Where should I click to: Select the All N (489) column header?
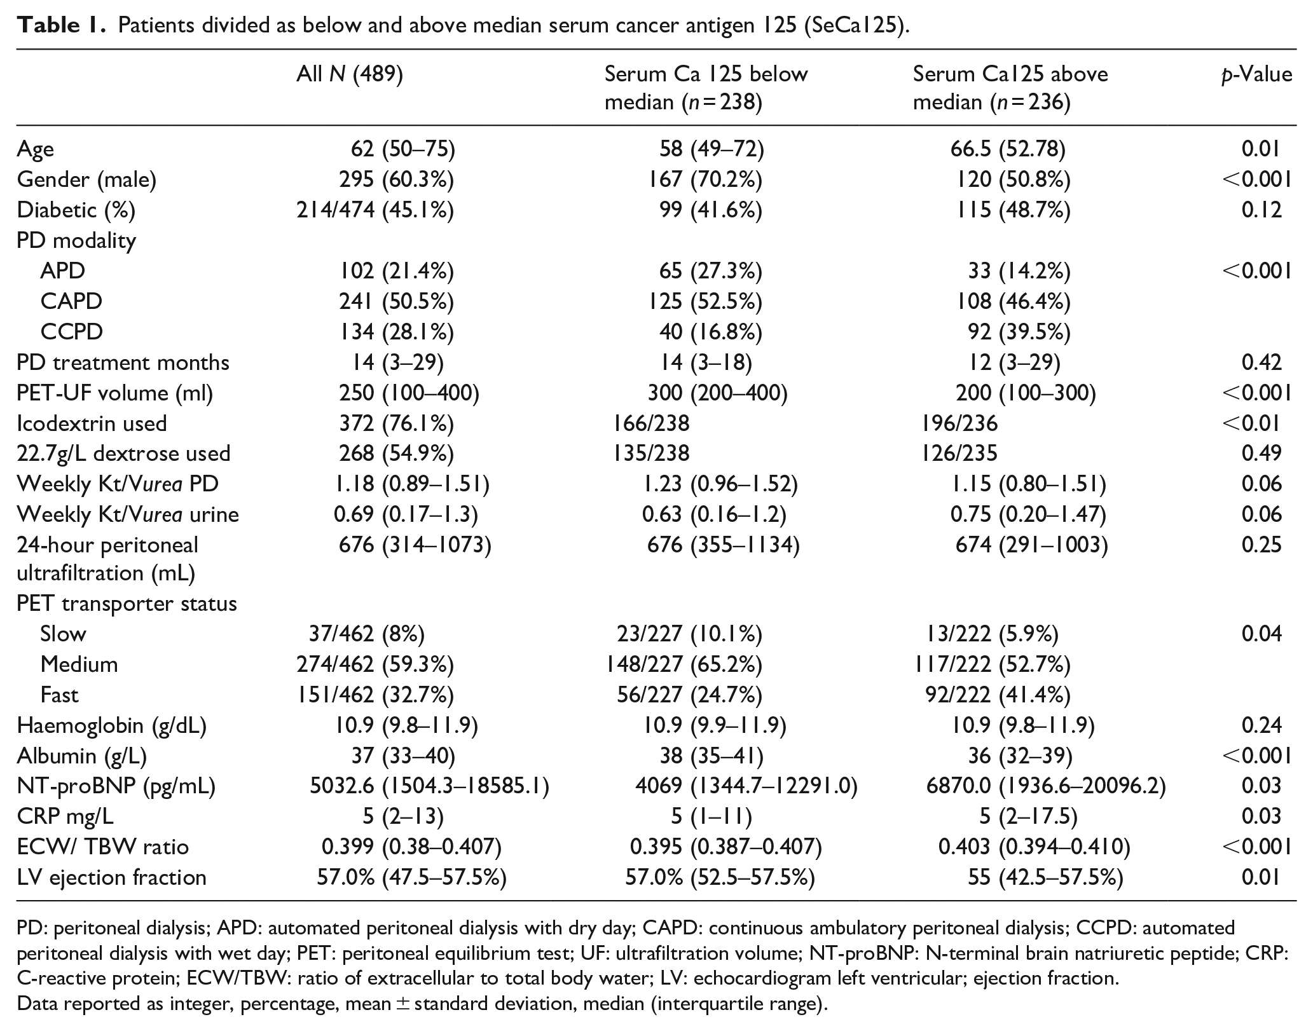pyautogui.click(x=350, y=75)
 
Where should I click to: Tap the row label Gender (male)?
pyautogui.click(x=86, y=180)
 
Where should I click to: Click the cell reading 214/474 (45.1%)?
pyautogui.click(x=375, y=210)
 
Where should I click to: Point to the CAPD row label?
pyautogui.click(x=71, y=301)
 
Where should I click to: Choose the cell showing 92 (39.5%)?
pyautogui.click(x=1014, y=332)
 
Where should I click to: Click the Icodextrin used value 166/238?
pyautogui.click(x=650, y=423)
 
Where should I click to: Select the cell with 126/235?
pyautogui.click(x=959, y=453)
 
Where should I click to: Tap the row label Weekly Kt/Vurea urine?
pyautogui.click(x=128, y=514)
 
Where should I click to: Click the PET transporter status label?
pyautogui.click(x=127, y=603)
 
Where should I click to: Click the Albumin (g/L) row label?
pyautogui.click(x=82, y=756)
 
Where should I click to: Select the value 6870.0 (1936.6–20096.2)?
pyautogui.click(x=1046, y=786)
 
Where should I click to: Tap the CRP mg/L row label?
pyautogui.click(x=65, y=816)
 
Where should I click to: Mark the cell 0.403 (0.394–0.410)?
pyautogui.click(x=1035, y=847)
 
